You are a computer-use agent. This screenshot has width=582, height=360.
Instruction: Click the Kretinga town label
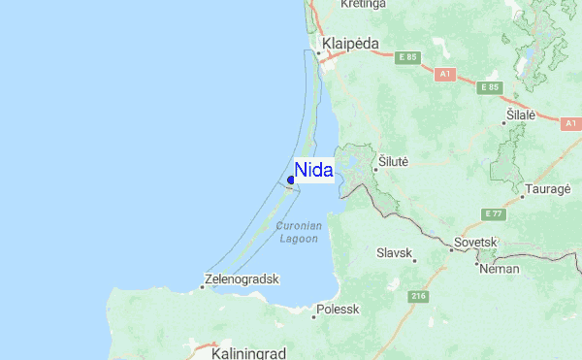pyautogui.click(x=364, y=5)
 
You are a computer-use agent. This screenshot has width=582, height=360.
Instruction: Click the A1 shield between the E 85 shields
pyautogui.click(x=445, y=73)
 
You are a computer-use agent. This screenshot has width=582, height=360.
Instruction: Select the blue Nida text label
pyautogui.click(x=313, y=171)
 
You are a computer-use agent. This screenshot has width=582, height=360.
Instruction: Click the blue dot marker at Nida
pyautogui.click(x=291, y=180)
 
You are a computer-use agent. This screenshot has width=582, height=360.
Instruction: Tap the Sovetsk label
pyautogui.click(x=475, y=242)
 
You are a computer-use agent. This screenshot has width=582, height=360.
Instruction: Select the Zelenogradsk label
pyautogui.click(x=243, y=278)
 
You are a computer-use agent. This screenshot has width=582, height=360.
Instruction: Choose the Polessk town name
pyautogui.click(x=337, y=310)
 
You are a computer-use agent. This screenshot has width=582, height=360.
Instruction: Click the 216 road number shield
pyautogui.click(x=418, y=295)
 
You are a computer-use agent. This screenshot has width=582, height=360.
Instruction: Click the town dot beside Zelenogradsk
pyautogui.click(x=203, y=286)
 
